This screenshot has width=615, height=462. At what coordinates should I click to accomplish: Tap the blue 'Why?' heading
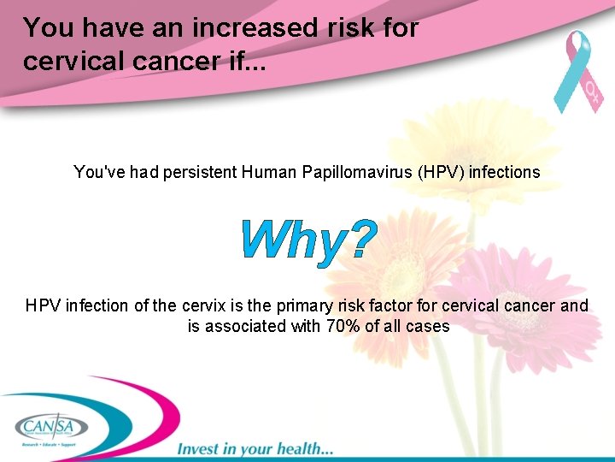pos(307,240)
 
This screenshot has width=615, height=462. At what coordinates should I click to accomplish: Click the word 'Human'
pos(269,172)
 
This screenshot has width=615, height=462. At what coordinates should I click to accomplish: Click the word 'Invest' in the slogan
pos(200,448)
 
